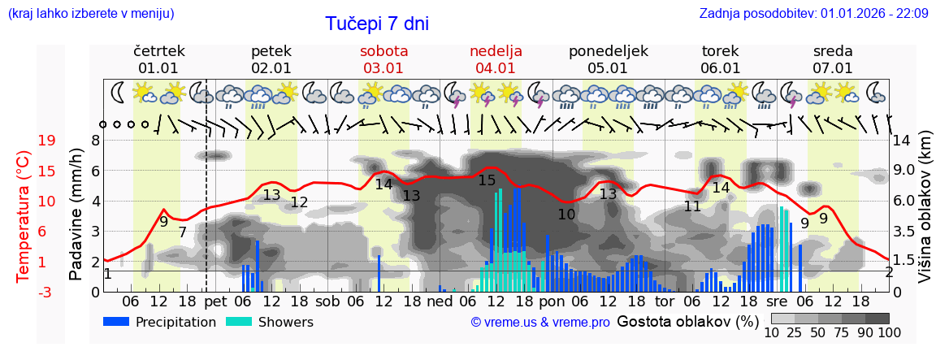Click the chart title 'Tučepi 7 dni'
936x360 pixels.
point(377,24)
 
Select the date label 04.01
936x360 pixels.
point(496,68)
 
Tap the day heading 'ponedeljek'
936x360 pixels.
point(609,51)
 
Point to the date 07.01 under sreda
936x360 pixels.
point(833,68)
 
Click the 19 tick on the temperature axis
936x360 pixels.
point(47,141)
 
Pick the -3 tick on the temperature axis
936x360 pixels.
point(47,292)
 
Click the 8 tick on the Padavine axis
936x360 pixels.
point(95,141)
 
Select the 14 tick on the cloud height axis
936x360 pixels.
point(903,141)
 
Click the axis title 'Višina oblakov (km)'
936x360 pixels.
point(925,216)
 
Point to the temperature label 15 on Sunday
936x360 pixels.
point(487,180)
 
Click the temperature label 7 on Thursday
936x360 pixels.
point(183,232)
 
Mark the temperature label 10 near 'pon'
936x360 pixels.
point(566,215)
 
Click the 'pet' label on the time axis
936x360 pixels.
point(215,301)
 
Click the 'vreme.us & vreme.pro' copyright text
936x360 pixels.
point(540,322)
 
